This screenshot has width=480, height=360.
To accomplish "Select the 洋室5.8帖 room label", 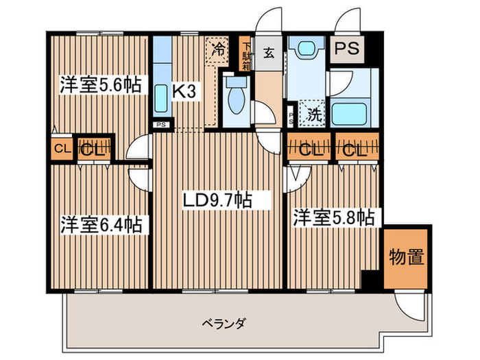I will coord(334,218).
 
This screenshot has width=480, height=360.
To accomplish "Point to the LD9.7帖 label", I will coord(216,200).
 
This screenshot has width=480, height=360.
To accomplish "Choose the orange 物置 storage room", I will coord(406,257).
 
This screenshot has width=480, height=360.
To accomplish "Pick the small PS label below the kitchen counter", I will coord(161,125).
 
